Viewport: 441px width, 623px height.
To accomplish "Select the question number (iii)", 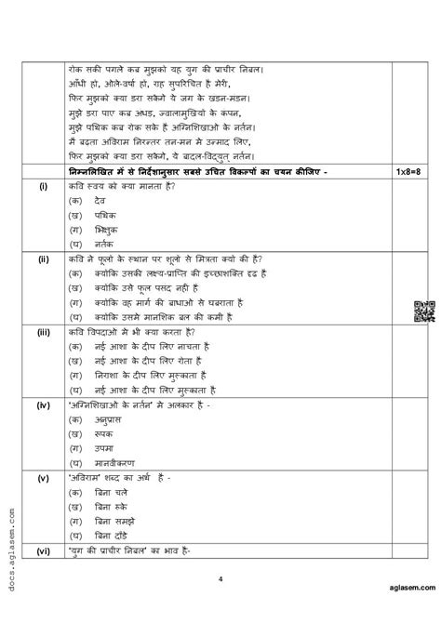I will (x=44, y=331).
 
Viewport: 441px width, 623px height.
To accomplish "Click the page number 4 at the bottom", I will (x=220, y=605).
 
